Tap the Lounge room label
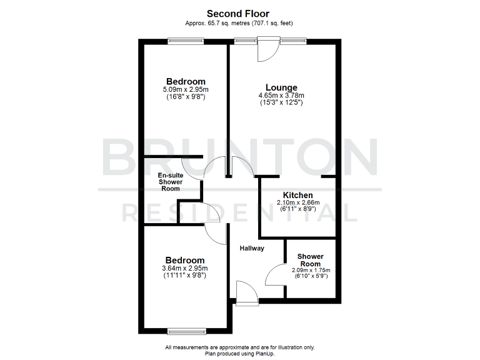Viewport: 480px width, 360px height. point(281,87)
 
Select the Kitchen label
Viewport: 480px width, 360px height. point(298,195)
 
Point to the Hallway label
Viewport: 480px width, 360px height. point(252,248)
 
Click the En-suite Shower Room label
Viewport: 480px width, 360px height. point(170,182)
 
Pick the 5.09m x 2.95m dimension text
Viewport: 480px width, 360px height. point(186,89)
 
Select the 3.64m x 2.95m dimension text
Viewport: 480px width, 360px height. point(184,268)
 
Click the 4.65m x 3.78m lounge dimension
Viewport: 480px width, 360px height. point(281,96)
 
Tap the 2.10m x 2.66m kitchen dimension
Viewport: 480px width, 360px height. point(298,202)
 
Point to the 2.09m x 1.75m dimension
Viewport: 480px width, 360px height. point(311,271)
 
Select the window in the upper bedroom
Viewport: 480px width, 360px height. point(186,41)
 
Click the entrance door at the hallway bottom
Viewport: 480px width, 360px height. point(247,294)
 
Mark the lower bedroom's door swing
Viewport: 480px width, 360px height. point(216,234)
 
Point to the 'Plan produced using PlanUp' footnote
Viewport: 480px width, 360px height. point(240,353)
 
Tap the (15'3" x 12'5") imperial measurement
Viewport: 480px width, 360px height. point(281,102)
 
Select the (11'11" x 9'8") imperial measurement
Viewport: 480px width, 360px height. point(184,275)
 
